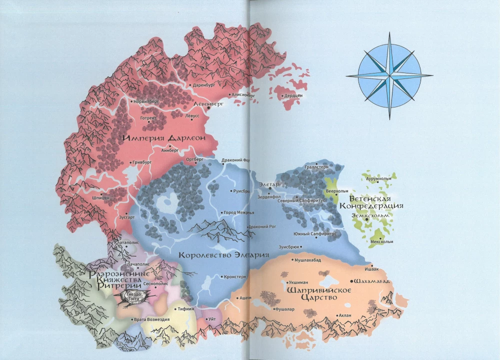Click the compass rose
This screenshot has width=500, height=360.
click(x=390, y=75)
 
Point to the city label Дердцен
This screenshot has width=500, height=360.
click(x=294, y=95)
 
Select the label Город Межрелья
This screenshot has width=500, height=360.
click(x=240, y=212)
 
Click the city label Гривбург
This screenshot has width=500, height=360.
click(x=142, y=162)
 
